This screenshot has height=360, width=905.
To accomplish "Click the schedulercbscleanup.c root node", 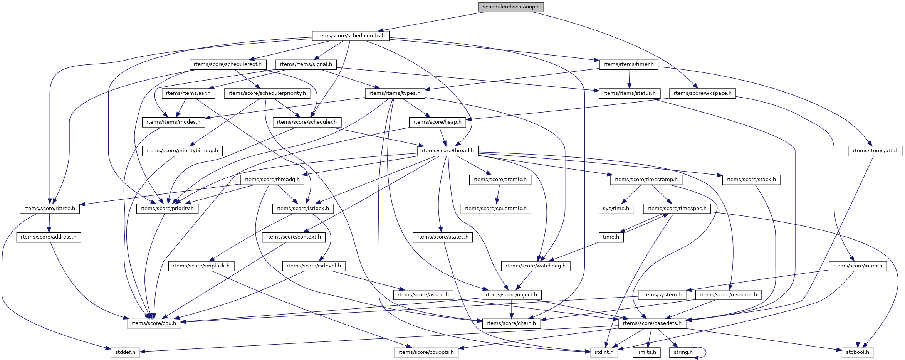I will pos(511,7).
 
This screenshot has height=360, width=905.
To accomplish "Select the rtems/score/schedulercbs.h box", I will pos(351,36).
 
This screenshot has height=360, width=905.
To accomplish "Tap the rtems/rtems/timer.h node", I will pos(628,64).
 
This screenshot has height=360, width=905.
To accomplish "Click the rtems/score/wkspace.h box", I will pos(702,93).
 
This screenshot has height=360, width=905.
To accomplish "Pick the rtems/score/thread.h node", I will pos(448,151).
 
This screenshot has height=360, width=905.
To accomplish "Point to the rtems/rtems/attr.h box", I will pos(875,151).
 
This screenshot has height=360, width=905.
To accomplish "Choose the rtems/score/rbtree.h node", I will pos(50,209).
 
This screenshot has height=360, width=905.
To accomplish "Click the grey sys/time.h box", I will pos(616,209).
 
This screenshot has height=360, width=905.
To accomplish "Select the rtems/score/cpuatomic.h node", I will pos(495,209).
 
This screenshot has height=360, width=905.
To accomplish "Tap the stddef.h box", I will pos(125,352).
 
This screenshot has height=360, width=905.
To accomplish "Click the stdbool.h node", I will pos(858,352).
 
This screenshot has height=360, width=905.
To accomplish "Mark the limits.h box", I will pos(646,352).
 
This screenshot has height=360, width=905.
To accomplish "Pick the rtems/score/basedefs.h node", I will pos(652,323).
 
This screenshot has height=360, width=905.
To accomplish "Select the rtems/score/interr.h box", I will pos(858,266).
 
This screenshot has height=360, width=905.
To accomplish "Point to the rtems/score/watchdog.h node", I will pos(536,266).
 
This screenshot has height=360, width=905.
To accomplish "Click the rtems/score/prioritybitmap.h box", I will pos(182,151).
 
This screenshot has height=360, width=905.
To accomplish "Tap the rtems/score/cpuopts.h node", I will pos(426,352).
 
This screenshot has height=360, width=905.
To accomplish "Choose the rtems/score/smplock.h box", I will pos(201,266).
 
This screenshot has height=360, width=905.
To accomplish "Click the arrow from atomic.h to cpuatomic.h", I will pos(498,194).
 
